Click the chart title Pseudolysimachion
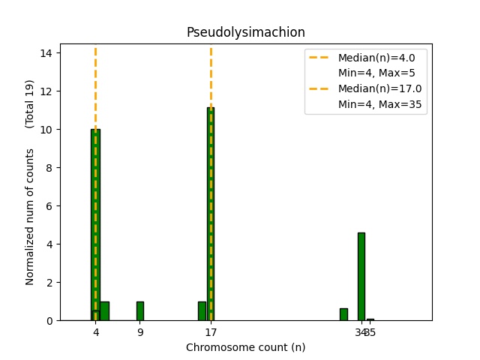point(245,32)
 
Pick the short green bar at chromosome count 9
point(139,310)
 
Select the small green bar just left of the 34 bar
point(343,314)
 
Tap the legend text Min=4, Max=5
point(376,73)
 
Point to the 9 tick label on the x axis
point(140,332)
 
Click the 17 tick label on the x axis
point(211,332)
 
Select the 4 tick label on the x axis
point(95,332)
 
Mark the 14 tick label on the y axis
point(46,53)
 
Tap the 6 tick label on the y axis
point(49,206)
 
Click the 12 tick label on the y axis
point(46,91)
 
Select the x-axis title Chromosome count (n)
point(245,347)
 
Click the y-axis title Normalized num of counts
point(30,217)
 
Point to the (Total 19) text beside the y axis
point(30,103)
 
